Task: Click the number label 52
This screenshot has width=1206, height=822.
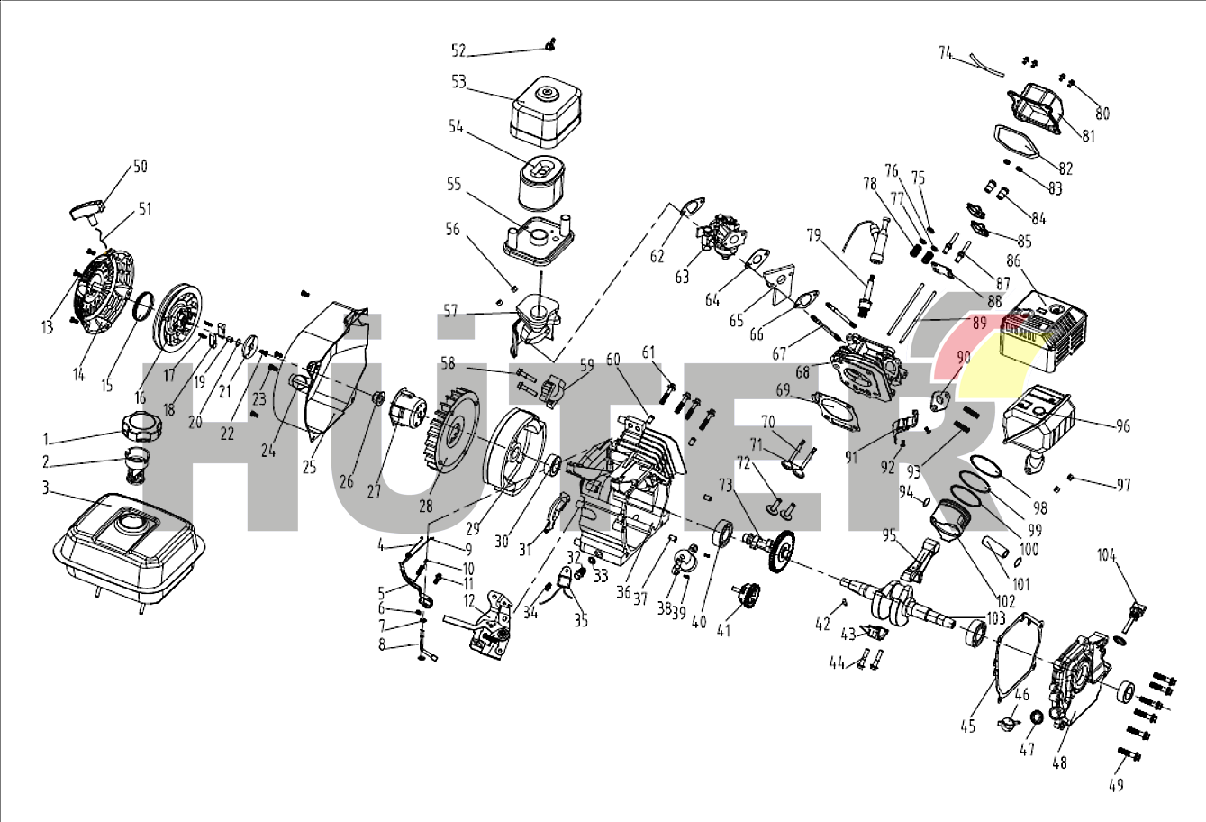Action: (458, 50)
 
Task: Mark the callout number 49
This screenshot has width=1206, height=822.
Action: (1116, 785)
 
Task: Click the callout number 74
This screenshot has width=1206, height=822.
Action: (945, 53)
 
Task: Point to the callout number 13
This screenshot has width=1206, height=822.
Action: (47, 327)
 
